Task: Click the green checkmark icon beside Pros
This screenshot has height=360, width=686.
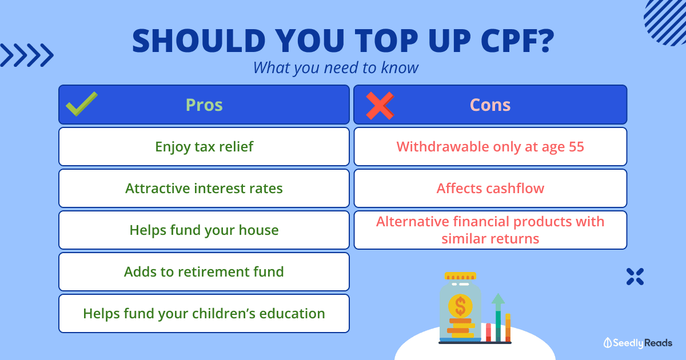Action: tap(81, 104)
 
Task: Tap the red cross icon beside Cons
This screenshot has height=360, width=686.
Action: tap(380, 105)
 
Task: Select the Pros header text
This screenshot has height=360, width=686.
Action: tap(204, 105)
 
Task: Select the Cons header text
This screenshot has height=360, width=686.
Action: tap(490, 105)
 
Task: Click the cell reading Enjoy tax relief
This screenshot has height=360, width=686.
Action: tap(204, 147)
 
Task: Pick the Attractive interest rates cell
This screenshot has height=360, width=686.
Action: tap(204, 188)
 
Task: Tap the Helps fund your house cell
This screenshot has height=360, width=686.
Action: tap(204, 230)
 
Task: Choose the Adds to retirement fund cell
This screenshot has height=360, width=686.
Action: tap(204, 271)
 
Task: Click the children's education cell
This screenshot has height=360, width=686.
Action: tap(204, 314)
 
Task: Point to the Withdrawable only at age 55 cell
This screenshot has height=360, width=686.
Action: tap(490, 147)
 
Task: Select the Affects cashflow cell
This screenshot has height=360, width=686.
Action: tap(490, 188)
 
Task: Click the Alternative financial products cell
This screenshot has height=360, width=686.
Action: tap(490, 230)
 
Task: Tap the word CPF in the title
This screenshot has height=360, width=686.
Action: tap(517, 41)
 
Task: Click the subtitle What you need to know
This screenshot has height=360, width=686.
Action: tap(336, 67)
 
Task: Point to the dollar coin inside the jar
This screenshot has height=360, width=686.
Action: tap(460, 306)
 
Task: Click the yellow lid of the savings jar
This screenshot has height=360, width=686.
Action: tap(460, 276)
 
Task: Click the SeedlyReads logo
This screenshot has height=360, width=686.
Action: tap(638, 343)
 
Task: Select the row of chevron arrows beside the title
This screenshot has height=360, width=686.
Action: tap(27, 55)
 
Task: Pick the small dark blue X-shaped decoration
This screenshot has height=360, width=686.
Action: tap(635, 277)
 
